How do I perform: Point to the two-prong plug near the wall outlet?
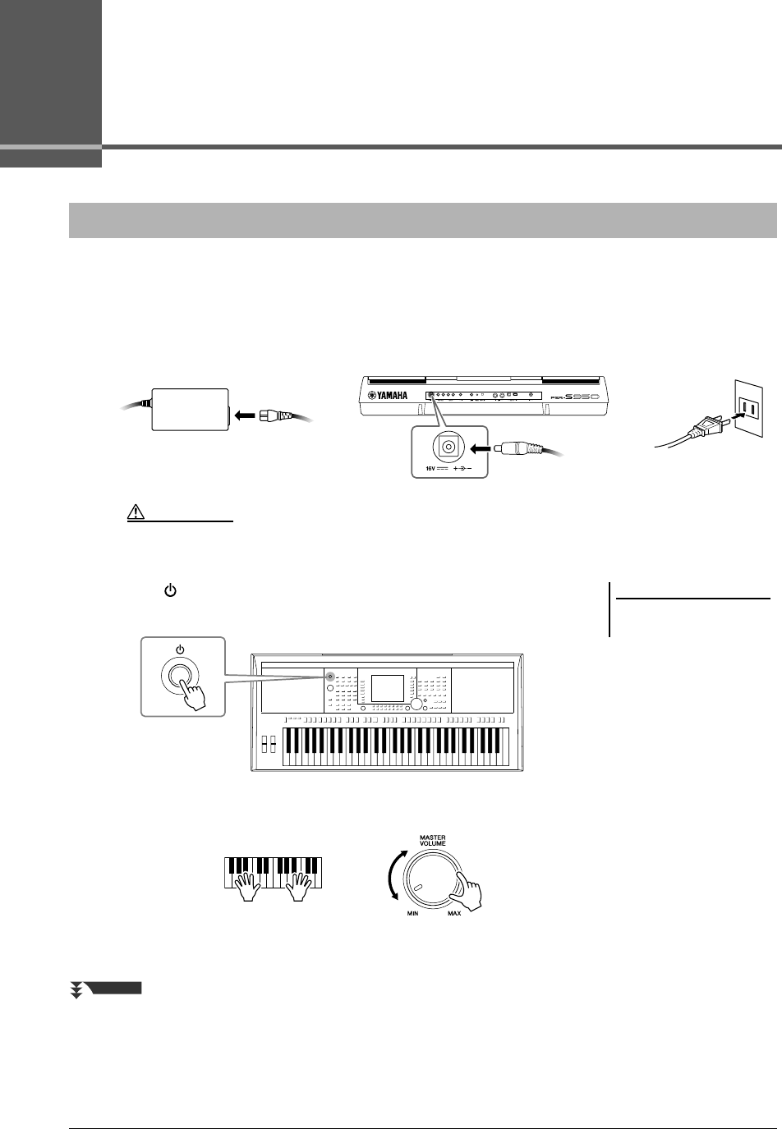tap(707, 428)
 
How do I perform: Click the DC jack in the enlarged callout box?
tap(448, 447)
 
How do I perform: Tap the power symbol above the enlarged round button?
tap(180, 649)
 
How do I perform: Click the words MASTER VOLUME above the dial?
tap(432, 842)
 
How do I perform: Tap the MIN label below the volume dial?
tap(414, 913)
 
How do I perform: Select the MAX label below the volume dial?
tap(453, 913)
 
